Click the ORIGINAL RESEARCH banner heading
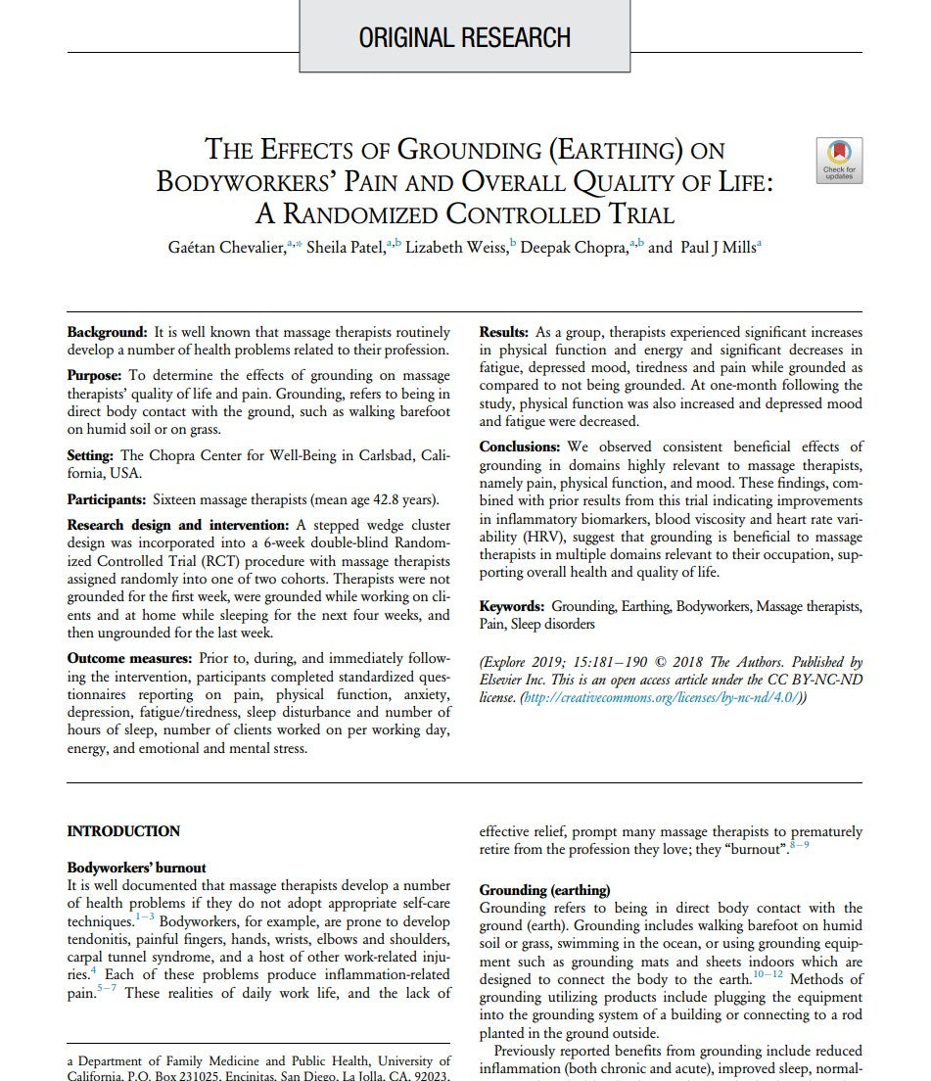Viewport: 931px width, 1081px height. [x=464, y=38]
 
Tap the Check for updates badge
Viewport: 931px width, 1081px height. [x=839, y=160]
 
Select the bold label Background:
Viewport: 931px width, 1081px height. [x=107, y=333]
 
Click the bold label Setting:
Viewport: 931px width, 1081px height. [x=91, y=455]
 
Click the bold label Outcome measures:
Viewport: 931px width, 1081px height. [x=129, y=658]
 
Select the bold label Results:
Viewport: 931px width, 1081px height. [x=503, y=333]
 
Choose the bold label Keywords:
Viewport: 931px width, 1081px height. [x=511, y=607]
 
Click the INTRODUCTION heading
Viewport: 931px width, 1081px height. [x=123, y=831]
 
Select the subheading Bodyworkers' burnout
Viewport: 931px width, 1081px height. [x=136, y=868]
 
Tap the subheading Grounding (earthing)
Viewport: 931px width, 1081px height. [x=544, y=890]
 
